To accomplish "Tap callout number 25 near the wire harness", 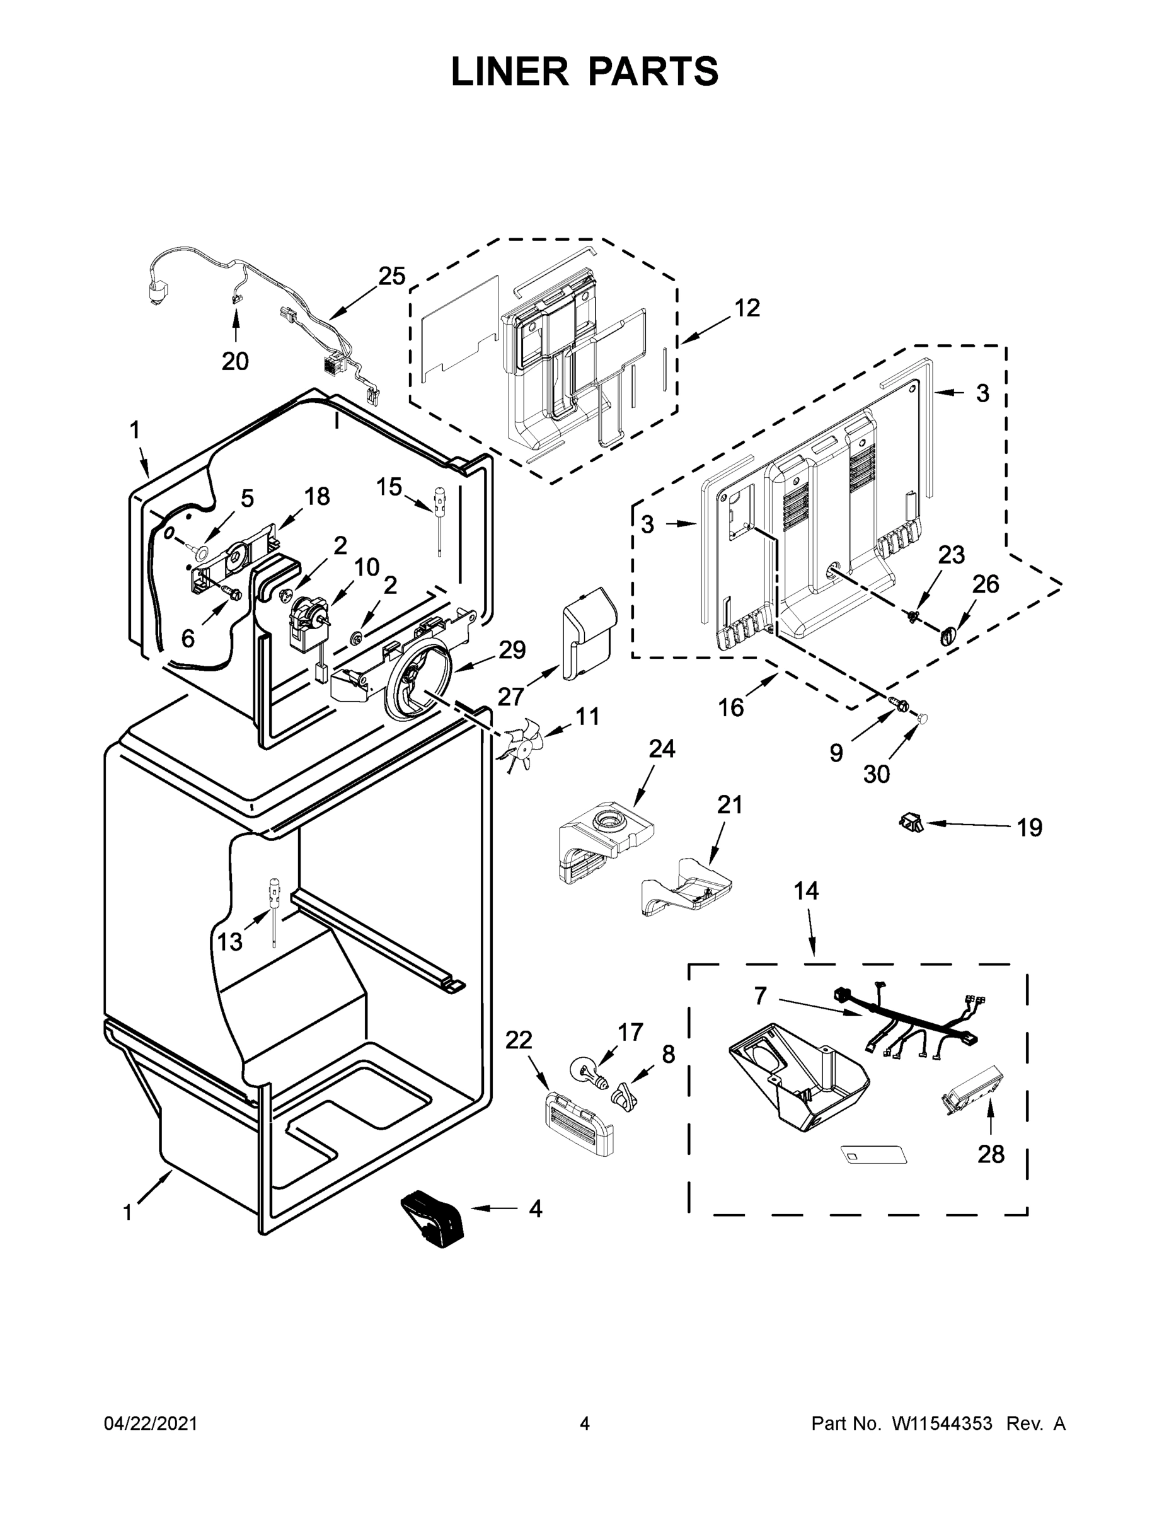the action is (391, 276).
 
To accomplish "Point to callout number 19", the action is (1029, 827).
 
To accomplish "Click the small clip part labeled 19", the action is (910, 822).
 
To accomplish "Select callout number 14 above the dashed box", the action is (805, 891).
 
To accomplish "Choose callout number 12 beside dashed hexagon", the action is (747, 308).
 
